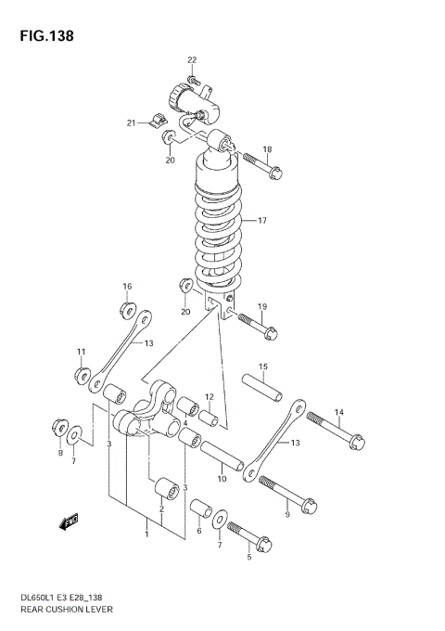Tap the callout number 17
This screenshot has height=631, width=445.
[x=262, y=221]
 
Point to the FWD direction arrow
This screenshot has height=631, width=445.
[x=69, y=523]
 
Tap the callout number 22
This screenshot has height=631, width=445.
[x=192, y=60]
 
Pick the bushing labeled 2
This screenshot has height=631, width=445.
[x=168, y=488]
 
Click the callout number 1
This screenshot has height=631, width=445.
[x=145, y=533]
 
